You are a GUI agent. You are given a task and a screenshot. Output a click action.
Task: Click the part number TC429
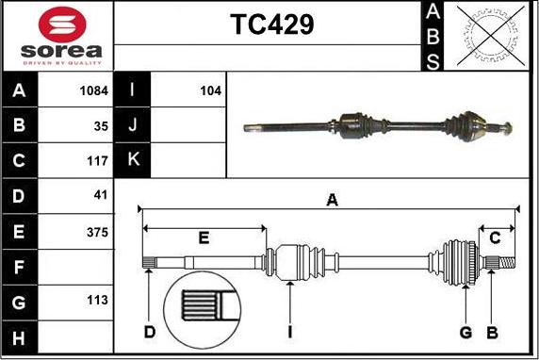[272, 25]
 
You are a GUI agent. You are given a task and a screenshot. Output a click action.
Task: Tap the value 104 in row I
[210, 91]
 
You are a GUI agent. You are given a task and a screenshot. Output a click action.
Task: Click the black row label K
[132, 161]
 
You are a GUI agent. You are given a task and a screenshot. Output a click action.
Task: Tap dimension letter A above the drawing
[332, 199]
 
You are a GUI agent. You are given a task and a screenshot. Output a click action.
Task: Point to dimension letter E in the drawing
[204, 237]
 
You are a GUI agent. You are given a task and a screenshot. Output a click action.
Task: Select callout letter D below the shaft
[149, 332]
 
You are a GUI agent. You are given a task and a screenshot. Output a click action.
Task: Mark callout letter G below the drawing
[465, 332]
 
